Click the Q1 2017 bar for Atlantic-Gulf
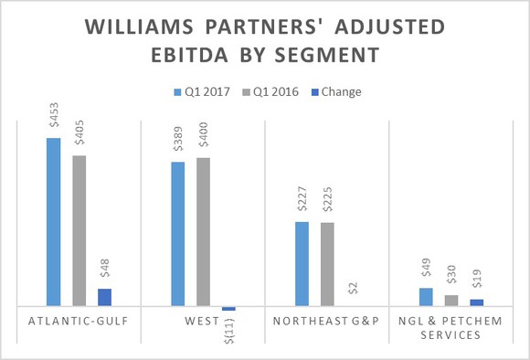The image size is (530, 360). pos(53,222)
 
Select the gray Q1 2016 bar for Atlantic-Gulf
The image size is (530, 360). pos(79,230)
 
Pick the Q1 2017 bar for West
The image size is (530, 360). pos(177,234)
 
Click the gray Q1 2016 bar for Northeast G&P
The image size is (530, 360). pos(327,264)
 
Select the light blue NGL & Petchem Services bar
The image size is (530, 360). pos(426,297)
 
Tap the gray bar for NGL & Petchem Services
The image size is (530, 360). pos(451,301)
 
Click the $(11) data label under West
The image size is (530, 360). pos(228,326)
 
